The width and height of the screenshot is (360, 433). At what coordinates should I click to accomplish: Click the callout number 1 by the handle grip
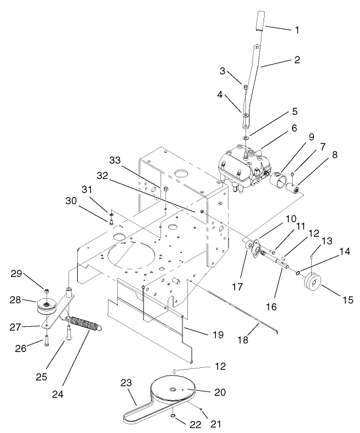pyautogui.click(x=296, y=30)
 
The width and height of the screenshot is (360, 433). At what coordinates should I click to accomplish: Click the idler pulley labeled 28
pyautogui.click(x=48, y=307)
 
